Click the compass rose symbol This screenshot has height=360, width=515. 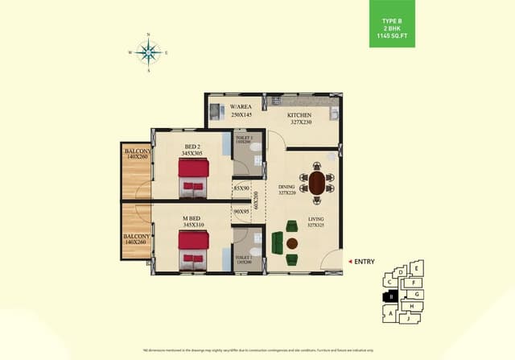(149, 53)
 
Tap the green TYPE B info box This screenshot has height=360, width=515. (393, 24)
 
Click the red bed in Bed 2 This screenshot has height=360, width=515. (193, 176)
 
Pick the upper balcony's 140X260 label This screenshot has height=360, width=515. (134, 155)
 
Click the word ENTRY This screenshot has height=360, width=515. (365, 261)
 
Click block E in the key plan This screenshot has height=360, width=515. (416, 267)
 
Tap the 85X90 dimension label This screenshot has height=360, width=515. (241, 191)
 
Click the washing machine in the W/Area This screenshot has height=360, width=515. (214, 111)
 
